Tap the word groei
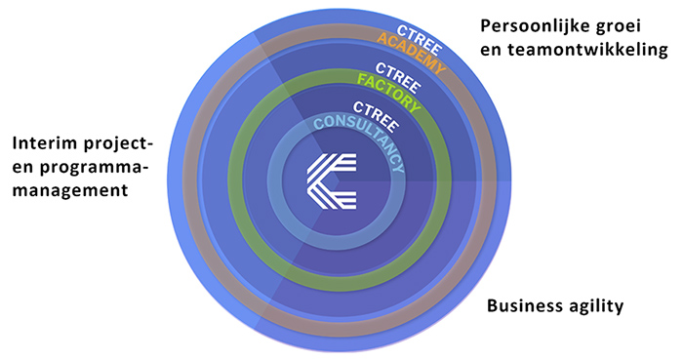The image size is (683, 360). [x=627, y=23]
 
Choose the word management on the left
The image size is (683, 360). [x=70, y=191]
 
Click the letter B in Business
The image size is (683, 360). [x=493, y=305]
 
